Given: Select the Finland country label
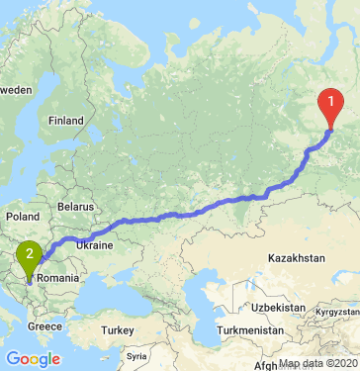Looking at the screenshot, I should pyautogui.click(x=66, y=121).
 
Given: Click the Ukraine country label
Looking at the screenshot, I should pyautogui.click(x=96, y=244).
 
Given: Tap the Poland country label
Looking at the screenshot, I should pyautogui.click(x=22, y=215).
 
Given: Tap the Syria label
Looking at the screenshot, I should pyautogui.click(x=135, y=354).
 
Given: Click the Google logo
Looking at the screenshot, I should pyautogui.click(x=32, y=357).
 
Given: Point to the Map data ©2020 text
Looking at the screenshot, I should pyautogui.click(x=317, y=363).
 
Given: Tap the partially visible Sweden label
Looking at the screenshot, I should pyautogui.click(x=16, y=89).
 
